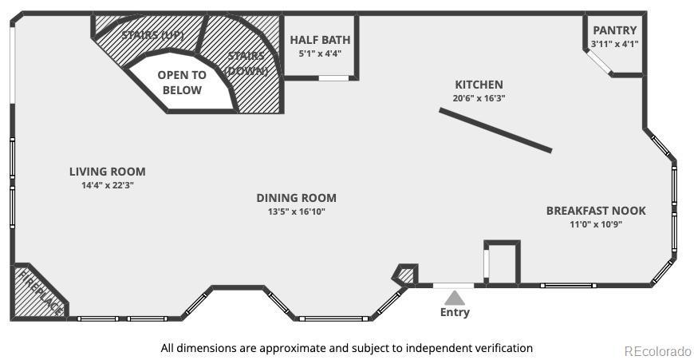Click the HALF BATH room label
coord(320,40)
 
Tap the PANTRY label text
coord(615,30)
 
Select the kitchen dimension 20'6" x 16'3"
coord(479,98)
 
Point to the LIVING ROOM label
coord(108,172)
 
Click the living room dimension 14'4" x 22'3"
coord(108,185)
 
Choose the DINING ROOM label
coord(297,197)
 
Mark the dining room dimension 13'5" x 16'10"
coord(297,212)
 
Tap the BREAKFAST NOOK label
coord(596,210)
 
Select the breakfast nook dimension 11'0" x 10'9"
coord(596,224)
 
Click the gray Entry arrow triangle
coord(455,299)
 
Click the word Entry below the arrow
coord(455,312)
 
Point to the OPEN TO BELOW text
coord(182,82)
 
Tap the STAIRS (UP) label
coord(152,35)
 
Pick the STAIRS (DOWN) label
coord(246,63)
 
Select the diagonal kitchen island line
coord(495,130)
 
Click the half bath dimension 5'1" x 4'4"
coord(320,53)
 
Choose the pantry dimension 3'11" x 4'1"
coord(615,44)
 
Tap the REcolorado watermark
coord(658,351)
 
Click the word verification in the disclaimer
coord(504,348)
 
